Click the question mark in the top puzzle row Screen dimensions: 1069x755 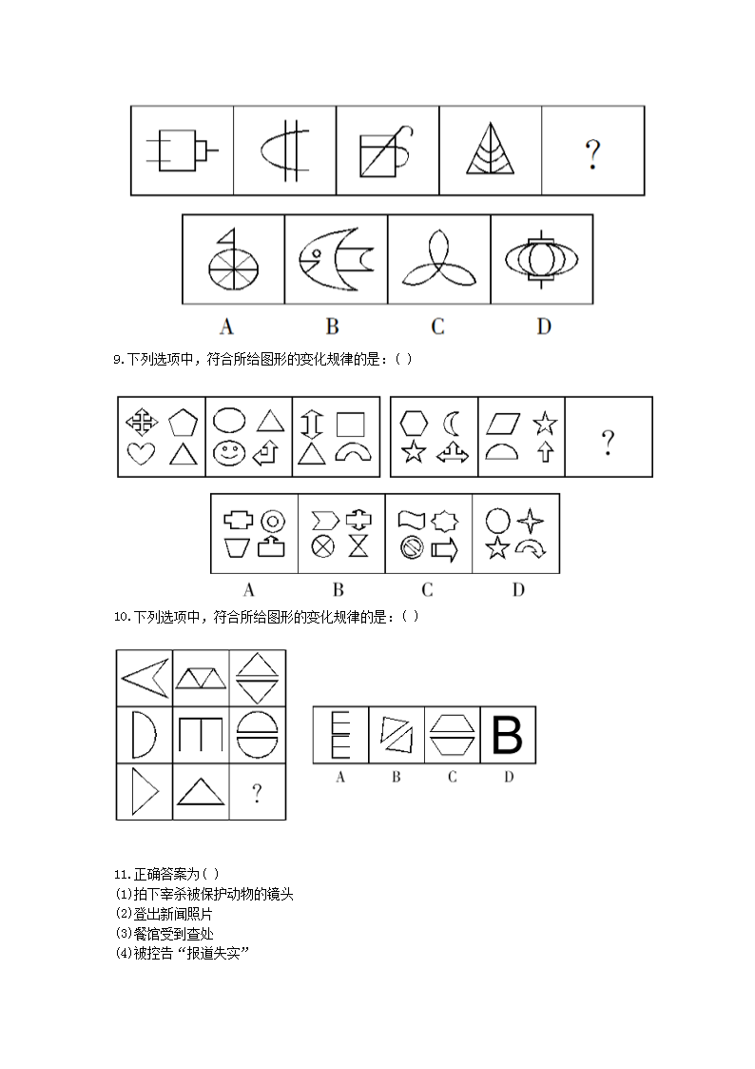coord(592,153)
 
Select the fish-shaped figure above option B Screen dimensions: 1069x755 coord(336,258)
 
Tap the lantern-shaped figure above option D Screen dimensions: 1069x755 coord(541,258)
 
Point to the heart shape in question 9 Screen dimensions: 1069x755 coord(141,454)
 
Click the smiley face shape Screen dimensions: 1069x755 coord(227,454)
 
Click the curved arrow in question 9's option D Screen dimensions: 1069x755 coord(529,549)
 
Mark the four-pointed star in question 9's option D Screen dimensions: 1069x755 coord(530,520)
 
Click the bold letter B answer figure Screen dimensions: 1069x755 coord(508,735)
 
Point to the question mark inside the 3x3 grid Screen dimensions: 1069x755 coord(257,793)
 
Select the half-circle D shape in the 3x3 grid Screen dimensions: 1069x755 coord(142,734)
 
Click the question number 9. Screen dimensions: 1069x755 coord(118,359)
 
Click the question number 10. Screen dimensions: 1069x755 coord(121,617)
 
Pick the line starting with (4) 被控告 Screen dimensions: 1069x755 coord(181,953)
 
